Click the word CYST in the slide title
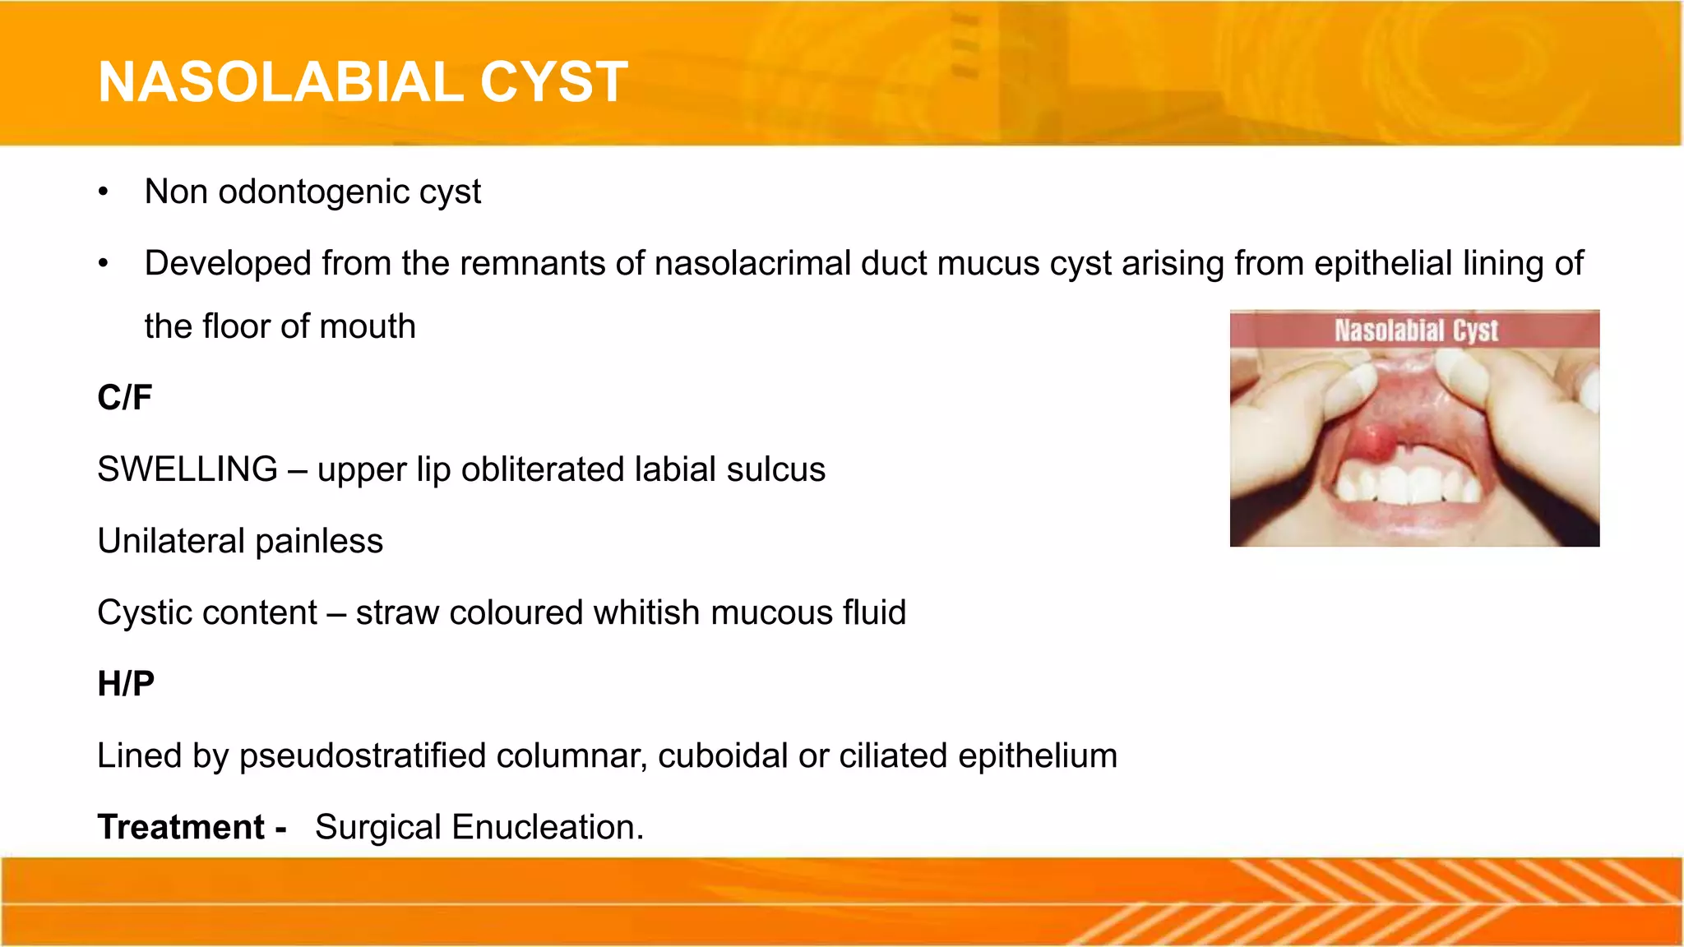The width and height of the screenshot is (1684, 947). pyautogui.click(x=553, y=82)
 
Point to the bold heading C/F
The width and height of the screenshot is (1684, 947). pyautogui.click(x=125, y=398)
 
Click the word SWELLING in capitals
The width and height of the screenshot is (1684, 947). pyautogui.click(x=187, y=469)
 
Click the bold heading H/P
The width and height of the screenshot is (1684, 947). pyautogui.click(x=126, y=684)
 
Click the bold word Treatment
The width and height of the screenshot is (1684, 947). pyautogui.click(x=181, y=827)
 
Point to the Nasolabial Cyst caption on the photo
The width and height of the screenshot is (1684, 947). pyautogui.click(x=1415, y=330)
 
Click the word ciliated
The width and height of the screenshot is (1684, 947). pyautogui.click(x=893, y=756)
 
